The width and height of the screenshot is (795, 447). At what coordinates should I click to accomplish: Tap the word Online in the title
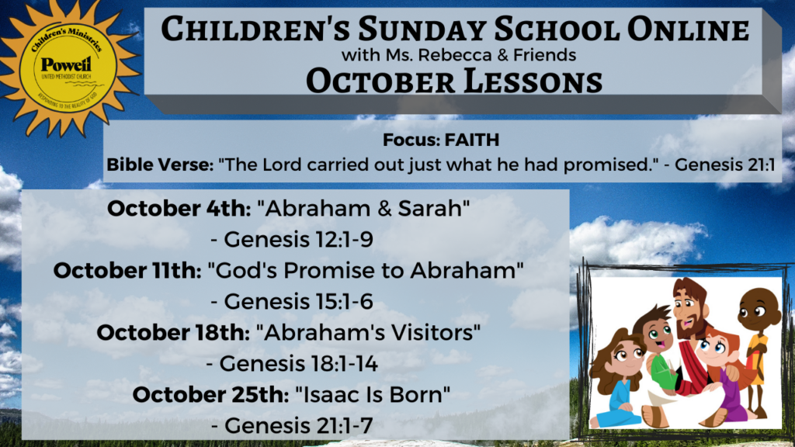click(x=688, y=29)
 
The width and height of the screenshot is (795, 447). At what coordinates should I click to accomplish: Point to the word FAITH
click(x=471, y=140)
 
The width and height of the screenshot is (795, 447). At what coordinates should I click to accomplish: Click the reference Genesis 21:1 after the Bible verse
click(x=724, y=165)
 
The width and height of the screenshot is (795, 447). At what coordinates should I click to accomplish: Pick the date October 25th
click(x=210, y=394)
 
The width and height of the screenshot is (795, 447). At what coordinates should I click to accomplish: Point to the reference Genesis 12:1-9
click(x=299, y=240)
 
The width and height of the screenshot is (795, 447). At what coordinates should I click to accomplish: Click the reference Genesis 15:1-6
click(x=299, y=302)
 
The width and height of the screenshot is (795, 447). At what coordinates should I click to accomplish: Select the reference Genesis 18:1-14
click(x=299, y=363)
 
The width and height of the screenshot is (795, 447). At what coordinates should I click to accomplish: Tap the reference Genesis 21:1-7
click(x=299, y=426)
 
